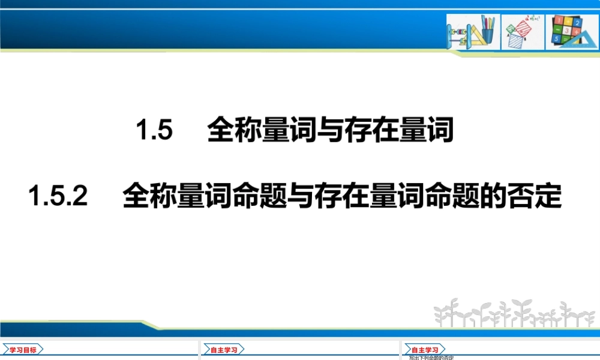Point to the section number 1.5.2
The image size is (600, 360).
click(x=58, y=196)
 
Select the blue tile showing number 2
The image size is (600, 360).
click(x=577, y=22)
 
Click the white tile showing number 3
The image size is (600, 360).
click(x=567, y=29)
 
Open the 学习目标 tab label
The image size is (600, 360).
click(x=23, y=350)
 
